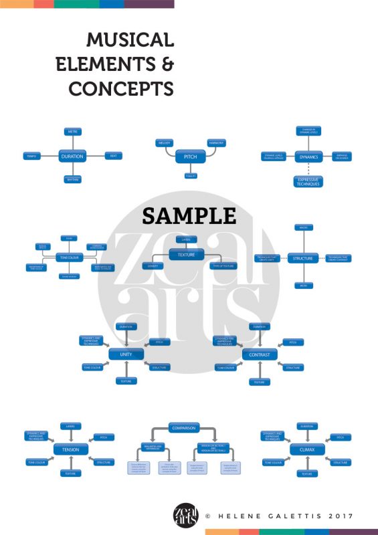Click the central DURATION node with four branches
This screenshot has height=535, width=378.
tap(72, 156)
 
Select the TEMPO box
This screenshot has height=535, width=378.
tap(32, 156)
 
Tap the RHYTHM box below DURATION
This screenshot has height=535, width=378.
tap(72, 180)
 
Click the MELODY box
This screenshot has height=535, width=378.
tap(165, 143)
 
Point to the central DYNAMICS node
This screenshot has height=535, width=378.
tap(309, 156)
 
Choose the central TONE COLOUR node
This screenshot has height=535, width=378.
tap(68, 257)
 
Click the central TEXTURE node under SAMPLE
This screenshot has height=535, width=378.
tap(186, 255)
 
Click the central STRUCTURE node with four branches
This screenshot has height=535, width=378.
tap(303, 258)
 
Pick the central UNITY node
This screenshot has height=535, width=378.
tap(126, 354)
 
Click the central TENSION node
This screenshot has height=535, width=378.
tap(70, 449)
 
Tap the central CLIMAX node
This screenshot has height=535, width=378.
tap(306, 449)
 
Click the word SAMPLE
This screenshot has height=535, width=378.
tap(189, 215)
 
